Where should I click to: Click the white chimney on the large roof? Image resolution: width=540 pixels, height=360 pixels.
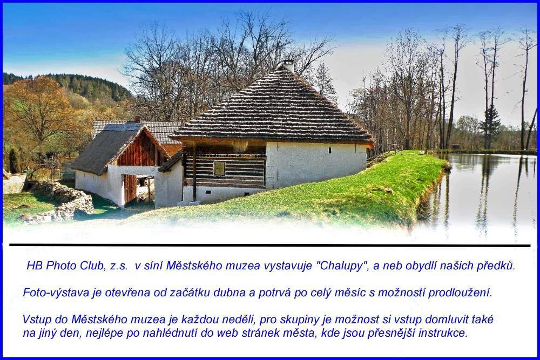(288, 66)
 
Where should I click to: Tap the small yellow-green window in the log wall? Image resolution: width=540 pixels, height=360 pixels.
(219, 168)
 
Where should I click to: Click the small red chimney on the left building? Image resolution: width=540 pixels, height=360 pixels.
(138, 119)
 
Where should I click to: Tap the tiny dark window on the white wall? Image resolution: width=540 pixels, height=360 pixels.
(329, 150)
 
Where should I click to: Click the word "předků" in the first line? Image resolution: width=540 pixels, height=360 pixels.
(496, 266)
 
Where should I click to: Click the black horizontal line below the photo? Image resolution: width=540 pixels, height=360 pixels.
(269, 246)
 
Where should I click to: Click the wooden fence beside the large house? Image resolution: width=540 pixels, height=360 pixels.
(384, 157)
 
